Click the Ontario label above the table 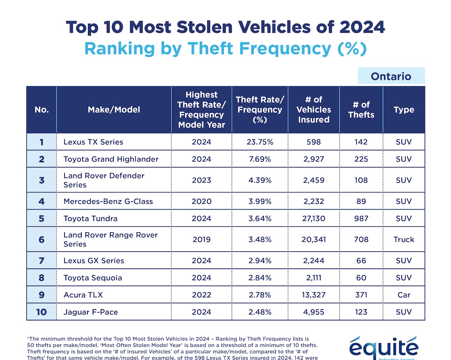coord(391,76)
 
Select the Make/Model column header coord(114,110)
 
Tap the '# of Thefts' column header coord(361,110)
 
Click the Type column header coord(403,110)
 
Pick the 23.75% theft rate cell coord(260,142)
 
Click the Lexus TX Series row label coord(93,142)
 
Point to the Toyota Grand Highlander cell coord(111,159)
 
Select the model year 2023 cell coord(201,180)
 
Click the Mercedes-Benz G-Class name coord(108,201)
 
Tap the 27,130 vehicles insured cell coord(314,219)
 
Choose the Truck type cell coord(403,239)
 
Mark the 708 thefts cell coord(361,239)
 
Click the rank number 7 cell coord(42,261)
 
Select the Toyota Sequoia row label coord(93,278)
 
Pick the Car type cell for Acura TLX coord(403,295)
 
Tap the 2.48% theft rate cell coord(260,312)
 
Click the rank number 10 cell coord(42,312)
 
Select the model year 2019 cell coord(201,239)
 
